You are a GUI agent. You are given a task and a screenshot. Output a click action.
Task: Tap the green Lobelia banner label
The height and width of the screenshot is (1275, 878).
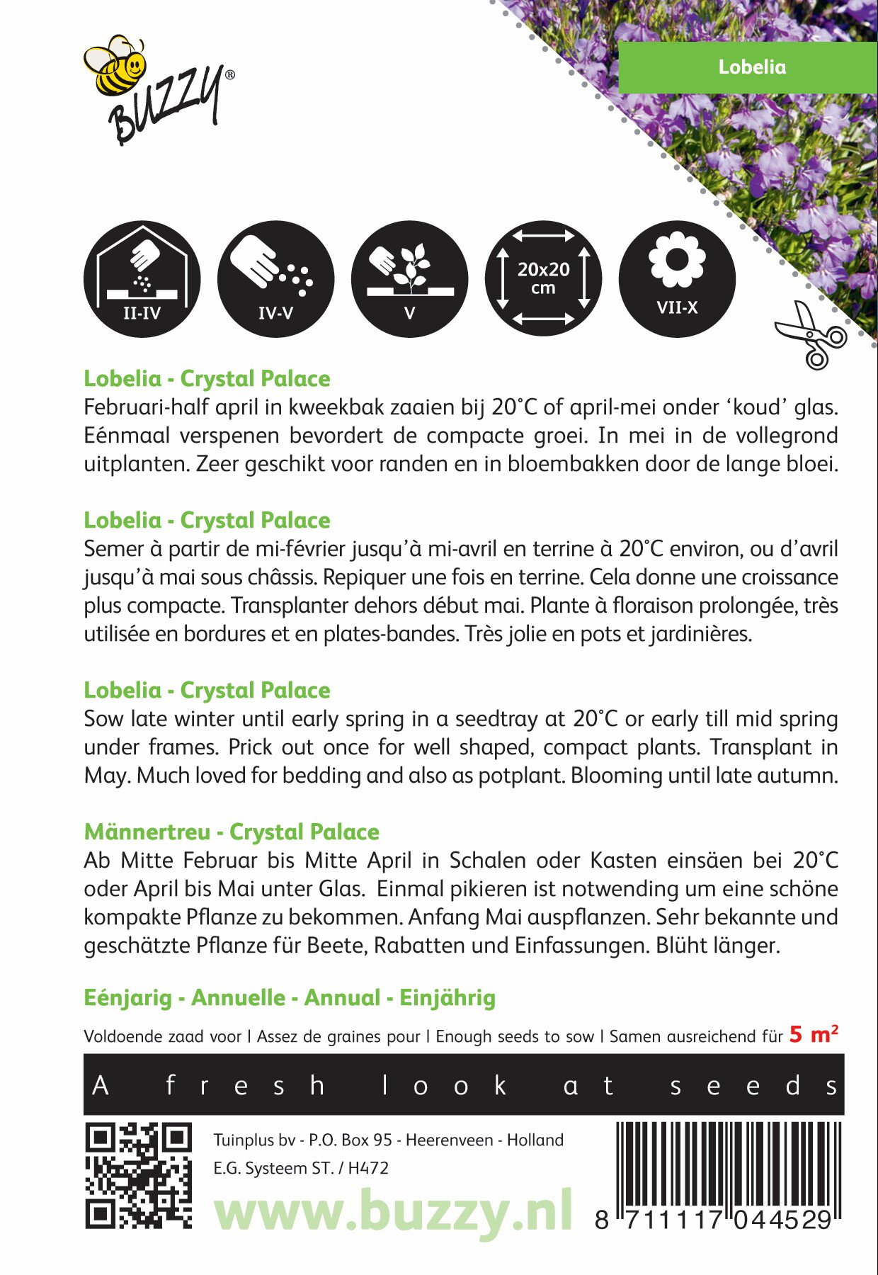click(751, 67)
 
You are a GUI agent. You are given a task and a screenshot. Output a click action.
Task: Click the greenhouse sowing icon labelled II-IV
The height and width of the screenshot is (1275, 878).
click(142, 279)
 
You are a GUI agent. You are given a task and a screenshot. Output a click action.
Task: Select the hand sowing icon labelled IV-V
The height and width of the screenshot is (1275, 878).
click(275, 279)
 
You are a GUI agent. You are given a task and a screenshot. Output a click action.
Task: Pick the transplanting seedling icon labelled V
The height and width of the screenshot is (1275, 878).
click(409, 279)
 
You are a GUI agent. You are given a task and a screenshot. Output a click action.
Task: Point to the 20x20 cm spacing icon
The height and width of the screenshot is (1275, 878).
click(543, 279)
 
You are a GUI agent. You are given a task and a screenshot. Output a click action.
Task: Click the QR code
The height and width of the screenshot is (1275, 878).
click(138, 1175)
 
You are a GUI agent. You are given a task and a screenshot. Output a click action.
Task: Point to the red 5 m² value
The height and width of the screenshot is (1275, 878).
click(814, 1035)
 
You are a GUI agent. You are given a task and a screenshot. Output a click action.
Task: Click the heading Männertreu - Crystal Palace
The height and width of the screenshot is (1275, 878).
click(232, 832)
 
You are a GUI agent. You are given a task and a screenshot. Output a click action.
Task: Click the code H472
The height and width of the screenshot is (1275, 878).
click(368, 1168)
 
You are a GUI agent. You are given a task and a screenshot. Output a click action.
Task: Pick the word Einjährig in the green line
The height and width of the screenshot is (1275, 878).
click(447, 998)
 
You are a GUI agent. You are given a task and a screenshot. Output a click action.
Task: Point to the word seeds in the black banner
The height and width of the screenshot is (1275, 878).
click(753, 1086)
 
